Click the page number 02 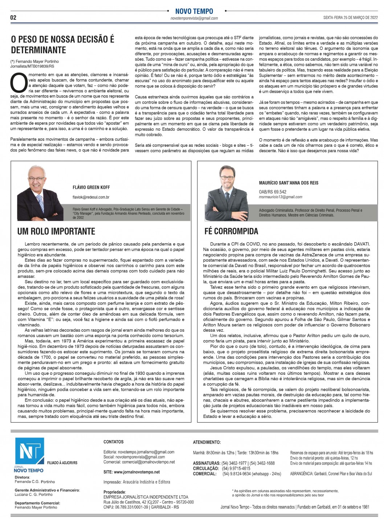click(x=13, y=17)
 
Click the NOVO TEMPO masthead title click(x=194, y=11)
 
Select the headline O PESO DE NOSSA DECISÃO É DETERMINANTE click(x=62, y=45)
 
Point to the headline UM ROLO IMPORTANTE click(x=56, y=231)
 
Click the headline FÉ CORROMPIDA click(x=231, y=231)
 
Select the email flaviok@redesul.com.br click(x=91, y=197)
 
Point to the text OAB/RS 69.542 click(x=273, y=192)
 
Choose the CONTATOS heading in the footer click(x=113, y=442)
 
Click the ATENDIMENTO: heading click(x=207, y=442)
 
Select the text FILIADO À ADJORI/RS click(x=62, y=463)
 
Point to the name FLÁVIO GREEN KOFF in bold click(x=91, y=187)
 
